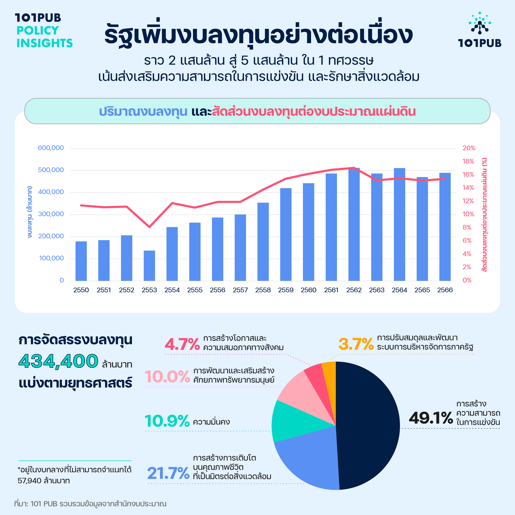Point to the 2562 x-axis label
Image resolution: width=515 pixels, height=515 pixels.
coord(354,290)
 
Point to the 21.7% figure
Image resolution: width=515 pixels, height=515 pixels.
coord(168,473)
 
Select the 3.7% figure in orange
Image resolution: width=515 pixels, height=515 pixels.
coord(356,344)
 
